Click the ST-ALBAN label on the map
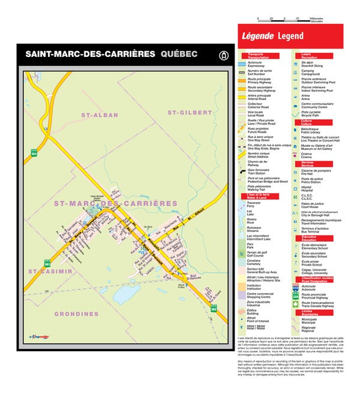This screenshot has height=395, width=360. click(100, 114)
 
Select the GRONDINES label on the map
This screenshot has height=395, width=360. click(76, 313)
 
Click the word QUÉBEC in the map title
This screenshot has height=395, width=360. click(179, 54)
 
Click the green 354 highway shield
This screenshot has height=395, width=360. click(34, 153)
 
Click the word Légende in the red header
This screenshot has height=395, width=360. click(257, 36)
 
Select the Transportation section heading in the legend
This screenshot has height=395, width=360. click(259, 56)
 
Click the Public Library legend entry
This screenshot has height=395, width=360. click(313, 131)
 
